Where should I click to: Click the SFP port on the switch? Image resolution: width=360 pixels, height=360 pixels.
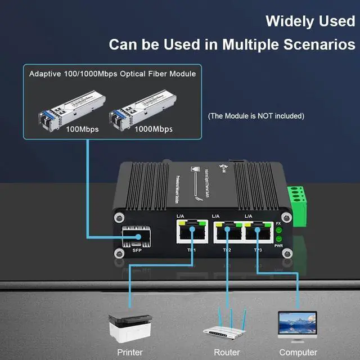(137, 236)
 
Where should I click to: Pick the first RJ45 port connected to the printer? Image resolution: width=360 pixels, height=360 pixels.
(191, 232)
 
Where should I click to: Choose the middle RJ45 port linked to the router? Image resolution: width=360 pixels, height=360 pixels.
(227, 232)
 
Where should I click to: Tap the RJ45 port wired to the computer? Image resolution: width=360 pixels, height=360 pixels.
(258, 232)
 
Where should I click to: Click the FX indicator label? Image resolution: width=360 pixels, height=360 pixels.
(278, 224)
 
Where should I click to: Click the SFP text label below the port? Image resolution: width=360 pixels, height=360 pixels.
(137, 251)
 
